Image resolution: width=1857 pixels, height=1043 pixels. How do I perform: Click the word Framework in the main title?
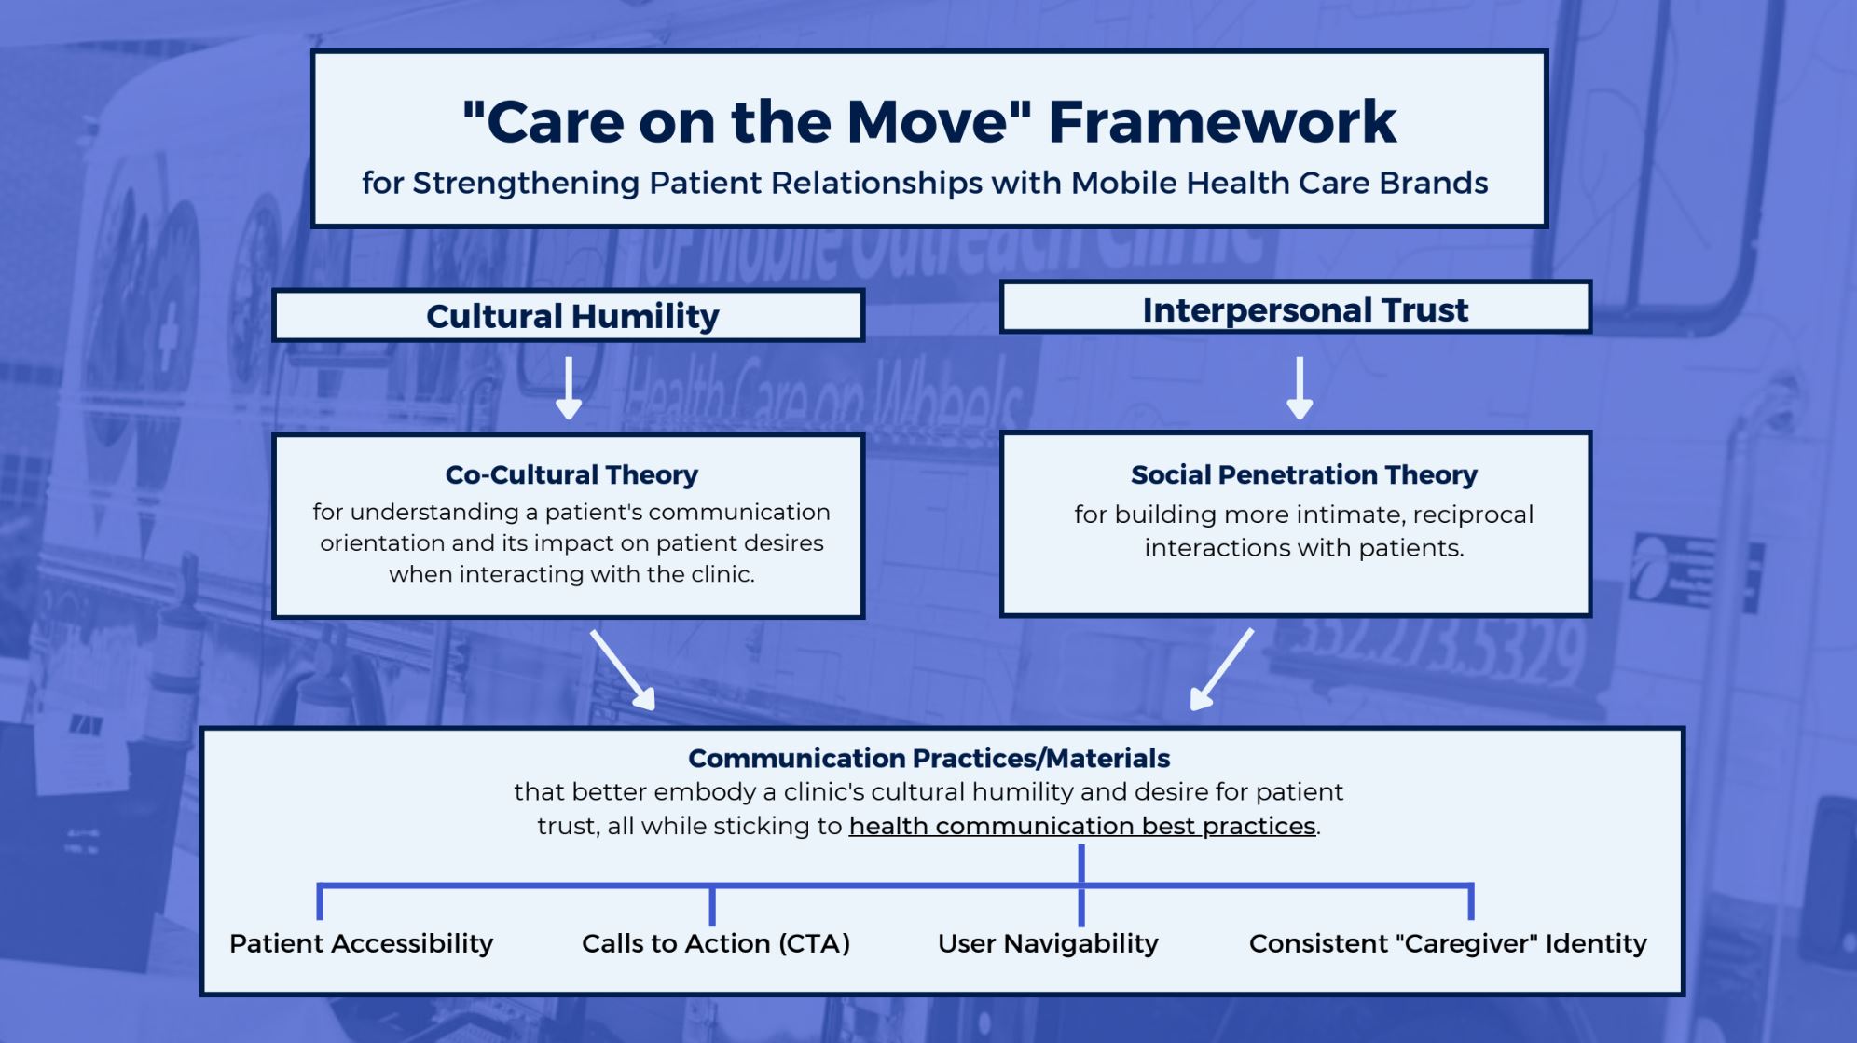point(1221,122)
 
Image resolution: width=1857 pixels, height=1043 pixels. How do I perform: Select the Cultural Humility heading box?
point(570,316)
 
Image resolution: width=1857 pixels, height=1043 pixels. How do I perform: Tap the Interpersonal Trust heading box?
point(1296,309)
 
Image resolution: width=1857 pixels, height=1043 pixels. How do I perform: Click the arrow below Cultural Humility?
point(569,387)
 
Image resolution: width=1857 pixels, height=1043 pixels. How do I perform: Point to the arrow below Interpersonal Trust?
point(1300,387)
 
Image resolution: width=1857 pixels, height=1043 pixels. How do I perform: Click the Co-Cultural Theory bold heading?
point(571,474)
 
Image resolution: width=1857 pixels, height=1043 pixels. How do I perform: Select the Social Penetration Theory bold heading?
point(1303,474)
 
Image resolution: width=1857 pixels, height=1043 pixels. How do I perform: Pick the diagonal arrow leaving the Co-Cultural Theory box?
point(623,669)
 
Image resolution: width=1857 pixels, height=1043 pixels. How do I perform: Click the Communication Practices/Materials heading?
point(928,758)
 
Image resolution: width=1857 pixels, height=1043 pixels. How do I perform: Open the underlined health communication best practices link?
point(1081,826)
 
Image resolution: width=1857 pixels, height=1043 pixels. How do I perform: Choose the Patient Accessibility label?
point(361,943)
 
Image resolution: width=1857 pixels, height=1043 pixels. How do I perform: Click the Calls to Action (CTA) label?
point(715,943)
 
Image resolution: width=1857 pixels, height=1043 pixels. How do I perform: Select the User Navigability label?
point(1047,943)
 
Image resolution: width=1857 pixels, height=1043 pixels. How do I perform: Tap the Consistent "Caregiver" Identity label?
point(1447,943)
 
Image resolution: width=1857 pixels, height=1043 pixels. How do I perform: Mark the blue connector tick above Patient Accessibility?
point(320,902)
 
